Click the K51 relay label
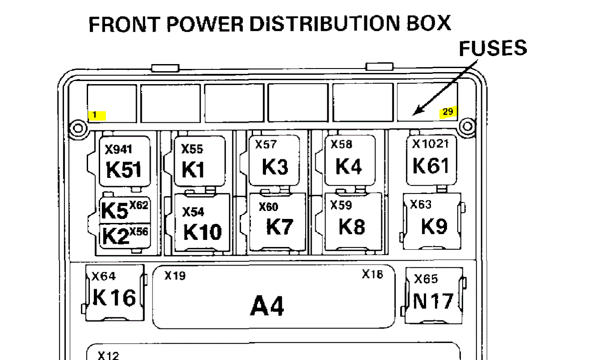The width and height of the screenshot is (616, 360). pos(124,170)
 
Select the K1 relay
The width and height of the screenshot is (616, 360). pos(193,170)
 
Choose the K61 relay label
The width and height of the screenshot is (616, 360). pos(431,166)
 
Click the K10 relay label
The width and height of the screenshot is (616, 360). pos(202,231)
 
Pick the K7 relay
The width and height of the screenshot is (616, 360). pos(280,227)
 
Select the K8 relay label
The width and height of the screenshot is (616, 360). pos(352,227)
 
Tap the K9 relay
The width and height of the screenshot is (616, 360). pos(434,227)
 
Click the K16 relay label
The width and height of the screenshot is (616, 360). pos(114,298)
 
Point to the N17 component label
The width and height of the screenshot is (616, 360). pos(433,302)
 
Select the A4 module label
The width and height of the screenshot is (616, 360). pos(267,306)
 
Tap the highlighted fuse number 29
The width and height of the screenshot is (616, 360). pos(448,112)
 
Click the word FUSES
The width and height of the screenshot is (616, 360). pos(493,49)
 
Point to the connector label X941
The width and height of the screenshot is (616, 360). pos(118,150)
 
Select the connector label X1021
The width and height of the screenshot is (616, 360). pos(431,144)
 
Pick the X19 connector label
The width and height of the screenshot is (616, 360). pos(175,276)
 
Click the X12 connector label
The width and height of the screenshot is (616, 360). pos(109,355)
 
